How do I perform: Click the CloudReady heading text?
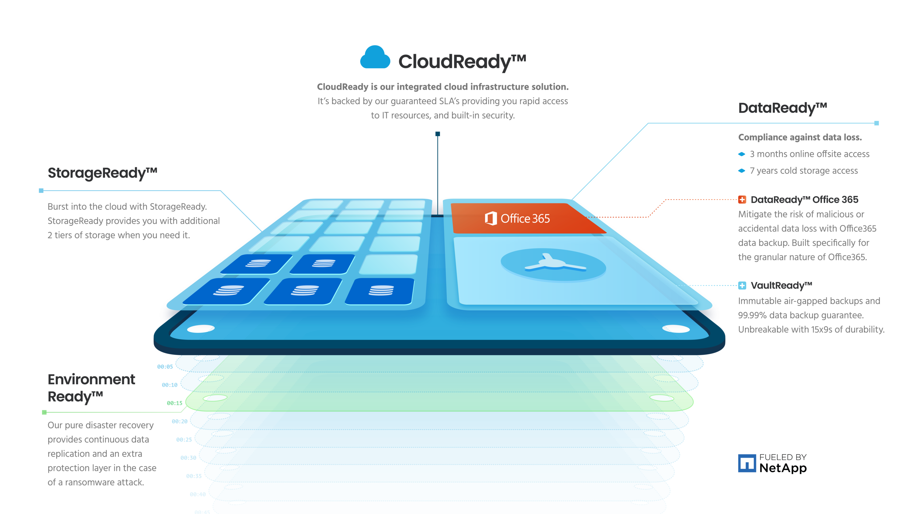(461, 62)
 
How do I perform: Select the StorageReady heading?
(102, 173)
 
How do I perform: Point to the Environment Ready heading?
(91, 388)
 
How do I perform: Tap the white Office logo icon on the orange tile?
(491, 218)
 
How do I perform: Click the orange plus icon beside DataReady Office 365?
(742, 199)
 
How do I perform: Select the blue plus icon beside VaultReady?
(742, 286)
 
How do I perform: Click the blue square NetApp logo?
(747, 463)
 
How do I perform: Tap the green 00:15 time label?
(174, 403)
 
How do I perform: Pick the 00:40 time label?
(198, 494)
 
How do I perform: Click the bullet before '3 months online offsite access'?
(741, 154)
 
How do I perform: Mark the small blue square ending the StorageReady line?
(41, 191)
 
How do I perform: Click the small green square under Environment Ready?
(44, 412)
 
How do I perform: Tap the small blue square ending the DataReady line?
(876, 123)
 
